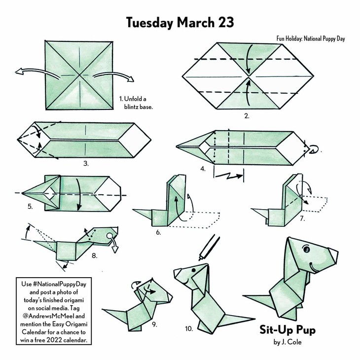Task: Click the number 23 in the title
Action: point(226,23)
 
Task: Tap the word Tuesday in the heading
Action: point(149,23)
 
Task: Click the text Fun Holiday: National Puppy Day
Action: point(311,38)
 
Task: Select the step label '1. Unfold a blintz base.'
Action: point(136,103)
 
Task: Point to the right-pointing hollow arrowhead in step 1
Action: point(131,79)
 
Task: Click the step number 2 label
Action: point(247,116)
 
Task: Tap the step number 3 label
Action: point(86,163)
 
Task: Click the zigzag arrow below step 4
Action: point(229,176)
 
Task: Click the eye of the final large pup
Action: point(307,249)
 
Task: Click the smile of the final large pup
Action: point(313,268)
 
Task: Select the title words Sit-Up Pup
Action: point(288,330)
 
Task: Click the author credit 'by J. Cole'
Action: point(288,342)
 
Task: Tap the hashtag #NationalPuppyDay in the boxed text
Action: point(60,284)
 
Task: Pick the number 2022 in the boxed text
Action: point(54,340)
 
